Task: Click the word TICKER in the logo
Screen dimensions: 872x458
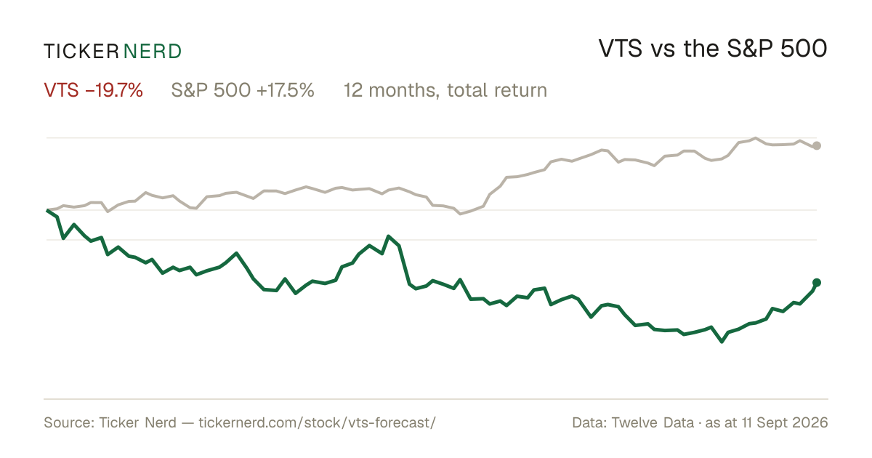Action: click(81, 52)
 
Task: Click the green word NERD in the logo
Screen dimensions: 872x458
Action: click(152, 52)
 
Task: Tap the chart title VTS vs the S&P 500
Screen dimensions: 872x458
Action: click(713, 49)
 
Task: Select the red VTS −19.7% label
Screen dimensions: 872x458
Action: click(94, 90)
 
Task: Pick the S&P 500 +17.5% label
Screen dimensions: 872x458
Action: click(243, 90)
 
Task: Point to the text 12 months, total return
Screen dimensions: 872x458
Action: click(445, 91)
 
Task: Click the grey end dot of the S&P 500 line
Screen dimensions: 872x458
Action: click(817, 145)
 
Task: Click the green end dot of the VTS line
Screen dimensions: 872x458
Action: click(817, 282)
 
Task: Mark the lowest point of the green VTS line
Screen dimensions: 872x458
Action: click(722, 342)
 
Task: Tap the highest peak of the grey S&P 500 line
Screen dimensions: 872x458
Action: click(756, 138)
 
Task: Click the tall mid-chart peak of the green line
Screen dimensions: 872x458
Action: click(388, 236)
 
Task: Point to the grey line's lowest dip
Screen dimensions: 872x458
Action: click(460, 214)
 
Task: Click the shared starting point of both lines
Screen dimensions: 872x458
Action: click(47, 210)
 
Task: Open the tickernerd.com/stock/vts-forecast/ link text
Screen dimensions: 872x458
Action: click(318, 422)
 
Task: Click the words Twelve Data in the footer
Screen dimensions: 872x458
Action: click(653, 422)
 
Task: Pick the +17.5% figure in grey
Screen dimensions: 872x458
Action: click(286, 90)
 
